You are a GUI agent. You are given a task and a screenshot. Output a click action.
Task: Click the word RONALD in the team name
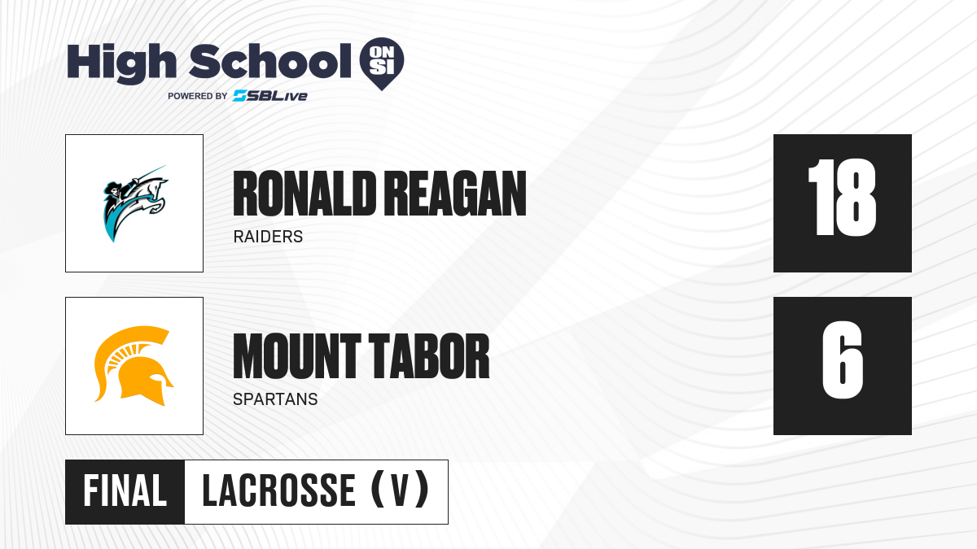point(304,194)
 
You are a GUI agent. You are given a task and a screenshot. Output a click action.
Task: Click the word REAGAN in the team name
point(455,194)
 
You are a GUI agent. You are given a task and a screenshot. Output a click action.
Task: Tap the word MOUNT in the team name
point(296,356)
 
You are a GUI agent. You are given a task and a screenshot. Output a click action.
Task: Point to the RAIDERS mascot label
point(268,237)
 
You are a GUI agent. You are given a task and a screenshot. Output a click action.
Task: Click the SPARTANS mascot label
point(275,399)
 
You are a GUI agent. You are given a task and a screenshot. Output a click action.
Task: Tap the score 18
point(842,198)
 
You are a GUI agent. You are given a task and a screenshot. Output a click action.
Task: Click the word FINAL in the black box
point(125,491)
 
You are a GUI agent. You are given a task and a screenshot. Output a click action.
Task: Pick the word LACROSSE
point(278,491)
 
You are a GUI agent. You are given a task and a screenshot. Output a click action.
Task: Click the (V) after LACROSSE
point(400,490)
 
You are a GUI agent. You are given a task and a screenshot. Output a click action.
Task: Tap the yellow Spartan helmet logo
point(134,366)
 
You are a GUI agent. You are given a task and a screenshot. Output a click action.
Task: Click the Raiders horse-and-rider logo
point(135,203)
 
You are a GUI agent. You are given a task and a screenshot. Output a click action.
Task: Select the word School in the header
point(270,61)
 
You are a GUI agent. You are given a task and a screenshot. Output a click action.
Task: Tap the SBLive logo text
point(270,96)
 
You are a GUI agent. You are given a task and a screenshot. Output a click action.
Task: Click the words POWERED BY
point(198,96)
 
